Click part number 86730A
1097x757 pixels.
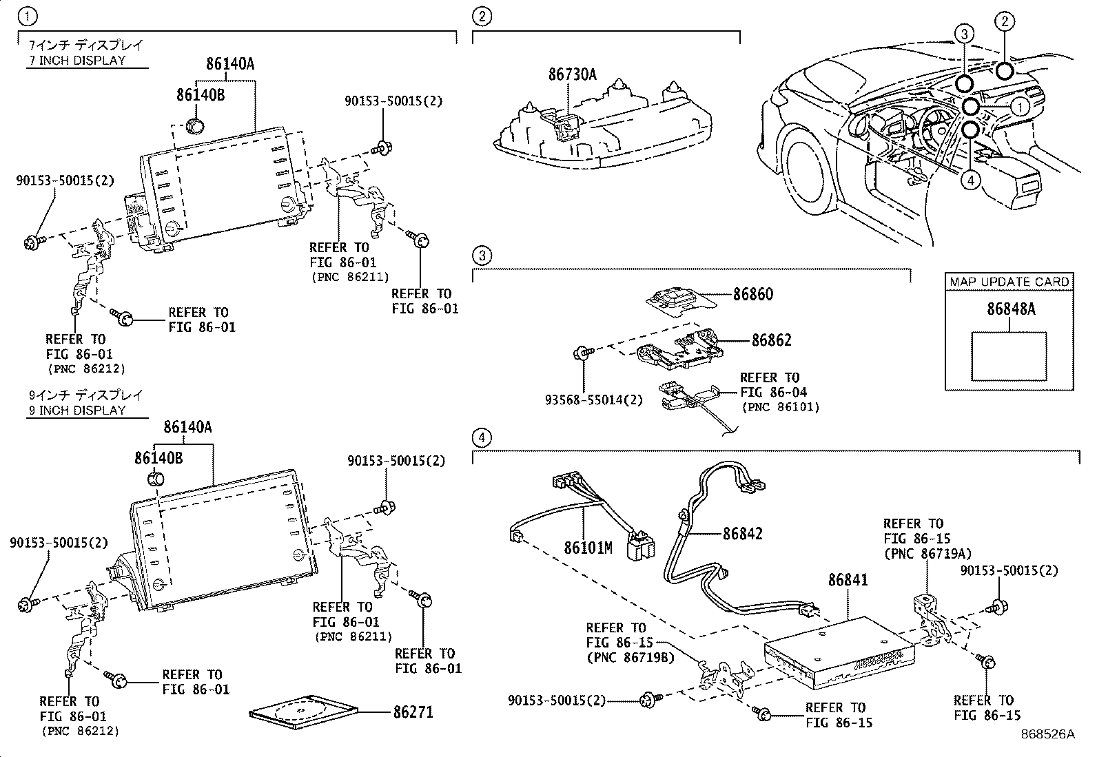pos(572,74)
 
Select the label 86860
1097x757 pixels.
pos(752,295)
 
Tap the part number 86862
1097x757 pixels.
pos(771,340)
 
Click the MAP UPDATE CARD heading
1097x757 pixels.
pos(1009,282)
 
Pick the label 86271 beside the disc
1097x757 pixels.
pos(413,712)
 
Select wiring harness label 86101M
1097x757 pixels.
pos(588,548)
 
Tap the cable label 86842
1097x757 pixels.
pos(742,534)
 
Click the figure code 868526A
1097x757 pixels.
pos(1047,734)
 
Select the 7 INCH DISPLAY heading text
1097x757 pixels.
pos(76,60)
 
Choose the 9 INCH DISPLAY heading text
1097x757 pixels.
pos(76,410)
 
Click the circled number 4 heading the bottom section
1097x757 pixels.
pos(482,437)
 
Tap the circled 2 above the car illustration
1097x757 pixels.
pos(1004,22)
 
